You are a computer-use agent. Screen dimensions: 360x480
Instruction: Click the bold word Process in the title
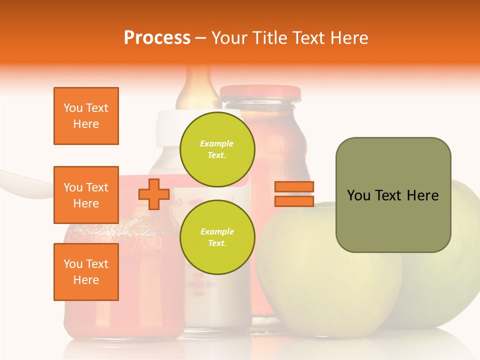point(157,38)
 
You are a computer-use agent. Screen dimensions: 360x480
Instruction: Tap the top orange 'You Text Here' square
point(86,116)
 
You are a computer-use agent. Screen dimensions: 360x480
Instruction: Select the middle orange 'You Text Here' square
point(86,195)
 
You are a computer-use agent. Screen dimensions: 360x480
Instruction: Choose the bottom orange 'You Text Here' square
point(86,272)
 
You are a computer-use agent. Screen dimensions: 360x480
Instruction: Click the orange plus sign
point(154,194)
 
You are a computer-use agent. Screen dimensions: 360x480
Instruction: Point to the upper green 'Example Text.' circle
point(217,149)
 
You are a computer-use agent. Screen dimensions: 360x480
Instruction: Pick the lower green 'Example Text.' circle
point(217,237)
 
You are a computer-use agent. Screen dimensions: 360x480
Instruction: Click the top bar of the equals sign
point(294,187)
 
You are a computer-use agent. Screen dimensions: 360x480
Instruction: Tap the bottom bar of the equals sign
point(294,201)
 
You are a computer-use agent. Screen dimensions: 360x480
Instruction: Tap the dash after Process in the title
point(200,38)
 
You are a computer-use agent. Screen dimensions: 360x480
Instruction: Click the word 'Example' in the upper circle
point(216,143)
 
